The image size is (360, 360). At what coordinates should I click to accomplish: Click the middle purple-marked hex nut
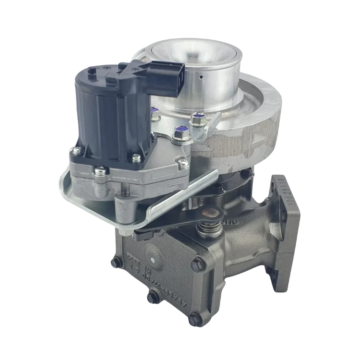[x=180, y=130]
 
